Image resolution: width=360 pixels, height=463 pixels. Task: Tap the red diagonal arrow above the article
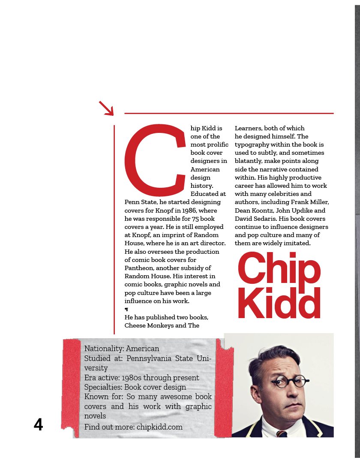pyautogui.click(x=106, y=108)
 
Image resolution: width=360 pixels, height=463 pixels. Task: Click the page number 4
pyautogui.click(x=39, y=424)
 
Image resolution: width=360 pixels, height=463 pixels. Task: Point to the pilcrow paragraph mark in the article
pyautogui.click(x=126, y=310)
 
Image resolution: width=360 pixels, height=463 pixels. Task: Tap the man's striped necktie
pyautogui.click(x=282, y=434)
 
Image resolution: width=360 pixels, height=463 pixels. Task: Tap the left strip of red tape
pyautogui.click(x=71, y=384)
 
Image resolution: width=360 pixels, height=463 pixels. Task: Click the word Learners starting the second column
pyautogui.click(x=248, y=128)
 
